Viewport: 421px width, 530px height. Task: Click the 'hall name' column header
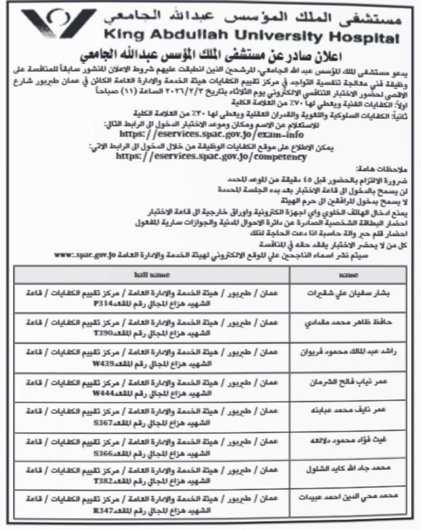152,274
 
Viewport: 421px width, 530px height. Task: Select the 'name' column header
350,274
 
